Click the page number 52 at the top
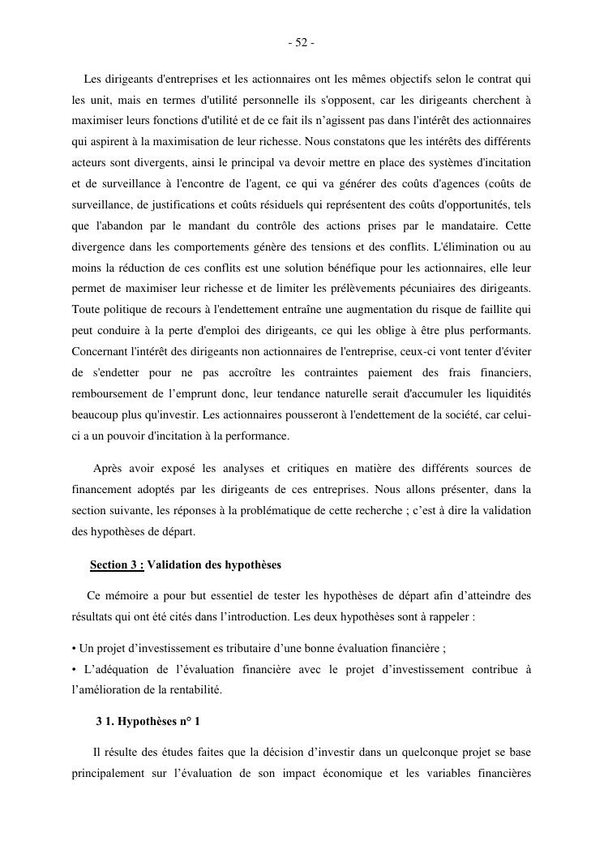301,43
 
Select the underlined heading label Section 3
117,564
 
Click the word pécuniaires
449,288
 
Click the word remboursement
110,393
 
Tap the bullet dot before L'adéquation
74,669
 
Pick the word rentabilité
191,690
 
